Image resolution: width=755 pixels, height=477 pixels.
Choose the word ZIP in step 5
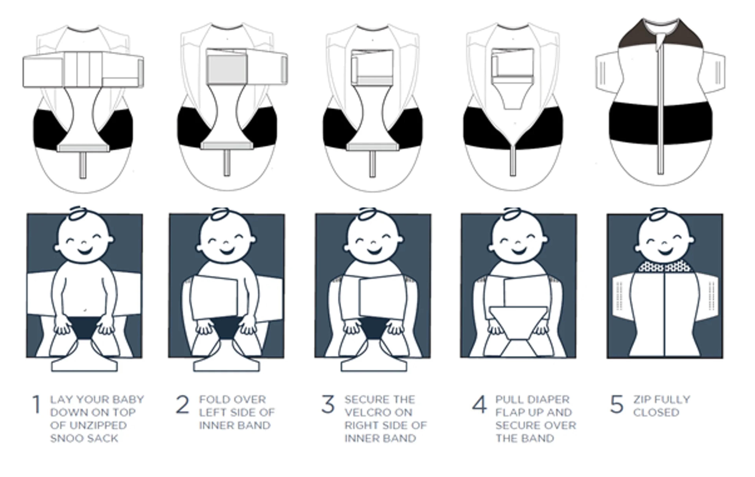click(642, 399)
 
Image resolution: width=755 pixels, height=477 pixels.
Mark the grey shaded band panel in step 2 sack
click(227, 69)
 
